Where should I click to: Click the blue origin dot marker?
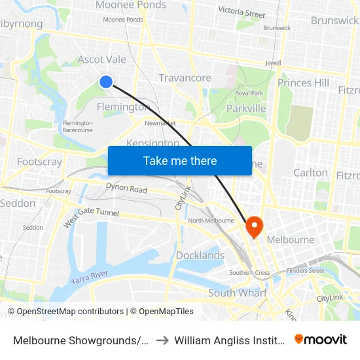(x=106, y=81)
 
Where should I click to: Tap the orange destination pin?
(x=253, y=226)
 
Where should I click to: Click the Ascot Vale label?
(x=101, y=60)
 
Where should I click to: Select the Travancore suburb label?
(x=185, y=78)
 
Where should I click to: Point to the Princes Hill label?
(x=303, y=82)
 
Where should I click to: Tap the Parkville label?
(x=245, y=108)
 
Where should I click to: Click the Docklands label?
(x=200, y=255)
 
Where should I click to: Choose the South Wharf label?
(x=238, y=293)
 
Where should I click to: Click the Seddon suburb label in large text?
(x=18, y=203)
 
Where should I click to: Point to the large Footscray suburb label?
(x=39, y=162)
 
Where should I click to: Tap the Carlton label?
(x=310, y=173)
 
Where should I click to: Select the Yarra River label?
(x=89, y=277)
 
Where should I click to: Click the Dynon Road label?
(x=126, y=189)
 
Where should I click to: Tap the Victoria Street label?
(x=242, y=12)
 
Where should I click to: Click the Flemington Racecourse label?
(x=77, y=126)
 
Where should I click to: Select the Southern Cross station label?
(x=249, y=272)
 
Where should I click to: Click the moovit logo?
(x=320, y=340)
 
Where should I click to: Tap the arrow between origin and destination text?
(x=162, y=340)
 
